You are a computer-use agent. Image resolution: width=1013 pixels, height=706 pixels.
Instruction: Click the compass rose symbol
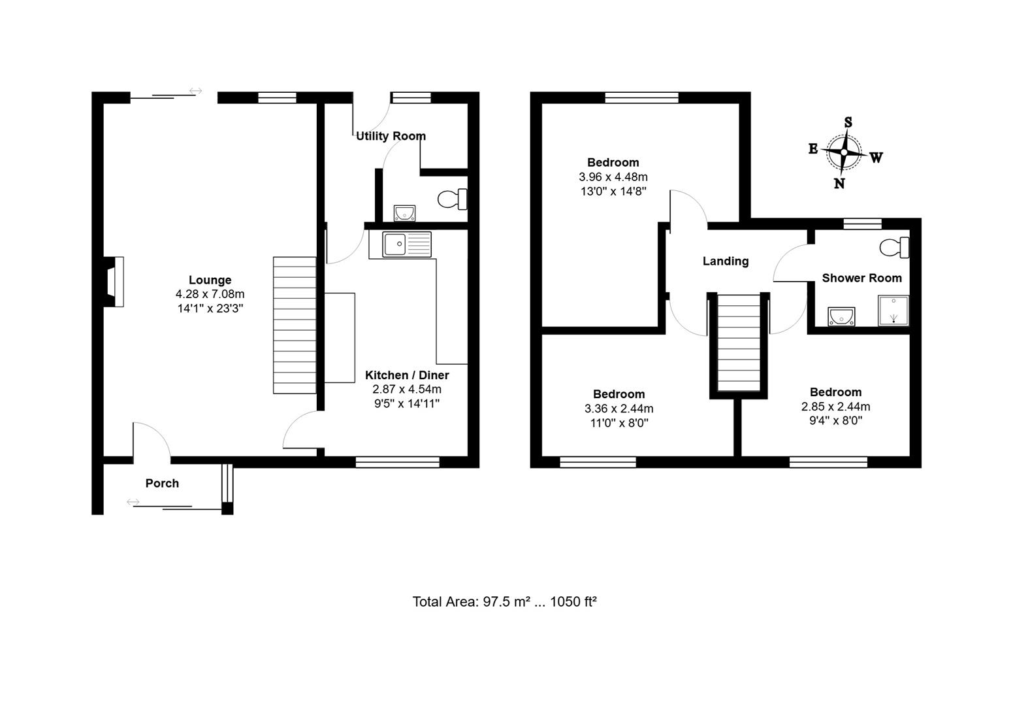tap(844, 152)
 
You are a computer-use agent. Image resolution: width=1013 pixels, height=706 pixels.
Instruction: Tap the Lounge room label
tap(210, 280)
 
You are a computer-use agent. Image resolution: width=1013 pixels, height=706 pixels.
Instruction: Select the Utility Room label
tap(391, 136)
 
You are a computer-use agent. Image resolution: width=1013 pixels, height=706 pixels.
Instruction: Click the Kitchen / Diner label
tap(407, 375)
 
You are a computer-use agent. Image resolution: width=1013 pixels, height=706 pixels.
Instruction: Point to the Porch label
tap(162, 483)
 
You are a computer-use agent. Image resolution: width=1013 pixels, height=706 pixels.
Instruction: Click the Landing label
tap(725, 261)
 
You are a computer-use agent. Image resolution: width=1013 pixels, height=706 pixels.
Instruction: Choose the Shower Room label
tap(861, 278)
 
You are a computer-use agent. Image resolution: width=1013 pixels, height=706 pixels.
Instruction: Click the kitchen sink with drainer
tap(407, 244)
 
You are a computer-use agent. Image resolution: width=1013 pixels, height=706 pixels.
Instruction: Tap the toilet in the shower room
tap(895, 248)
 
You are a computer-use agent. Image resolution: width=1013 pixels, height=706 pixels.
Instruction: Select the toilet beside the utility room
tap(453, 199)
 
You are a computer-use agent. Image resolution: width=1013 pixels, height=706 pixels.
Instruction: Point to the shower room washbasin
tap(841, 316)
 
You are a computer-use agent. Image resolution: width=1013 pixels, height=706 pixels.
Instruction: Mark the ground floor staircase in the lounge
tap(294, 325)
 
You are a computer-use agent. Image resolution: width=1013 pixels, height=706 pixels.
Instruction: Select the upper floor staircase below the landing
tap(739, 343)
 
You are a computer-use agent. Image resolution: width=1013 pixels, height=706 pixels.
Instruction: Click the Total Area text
tap(504, 601)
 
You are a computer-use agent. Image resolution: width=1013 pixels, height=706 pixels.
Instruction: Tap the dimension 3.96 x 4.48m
tap(613, 176)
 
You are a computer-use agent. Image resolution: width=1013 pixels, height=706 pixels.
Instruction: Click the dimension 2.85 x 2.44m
tap(835, 407)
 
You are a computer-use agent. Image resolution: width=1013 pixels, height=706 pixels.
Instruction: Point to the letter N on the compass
tap(839, 184)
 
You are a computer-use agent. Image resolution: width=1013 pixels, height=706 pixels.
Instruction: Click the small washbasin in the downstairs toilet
tap(404, 212)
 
